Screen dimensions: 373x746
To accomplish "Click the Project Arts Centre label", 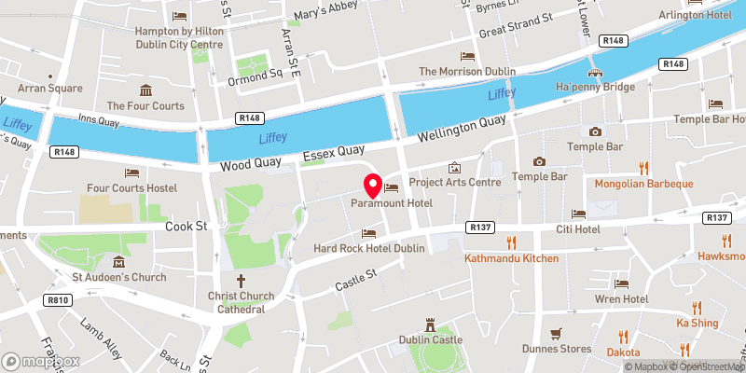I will pos(455,183).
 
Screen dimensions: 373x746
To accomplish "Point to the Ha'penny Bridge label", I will pos(595,87).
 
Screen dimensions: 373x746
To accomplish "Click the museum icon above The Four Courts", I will pos(146,90).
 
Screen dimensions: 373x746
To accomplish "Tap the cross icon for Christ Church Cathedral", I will pos(240,280).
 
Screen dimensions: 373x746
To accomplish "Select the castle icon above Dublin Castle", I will pos(430,325).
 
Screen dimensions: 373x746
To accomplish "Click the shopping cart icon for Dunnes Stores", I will pos(556,333).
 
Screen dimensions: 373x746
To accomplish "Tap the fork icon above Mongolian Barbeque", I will pos(643,168).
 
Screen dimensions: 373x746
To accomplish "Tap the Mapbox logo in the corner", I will pos(42,360).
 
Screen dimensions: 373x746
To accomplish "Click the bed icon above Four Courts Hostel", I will pos(131,173).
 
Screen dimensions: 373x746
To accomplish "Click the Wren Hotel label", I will pos(621,299).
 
